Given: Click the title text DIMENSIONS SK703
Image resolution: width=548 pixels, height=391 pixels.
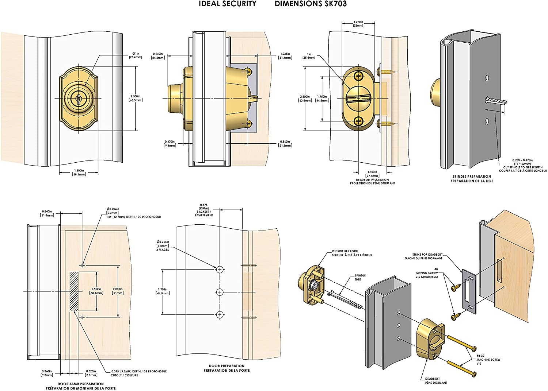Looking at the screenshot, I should pyautogui.click(x=311, y=4).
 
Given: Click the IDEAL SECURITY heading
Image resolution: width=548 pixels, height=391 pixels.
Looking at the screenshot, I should pyautogui.click(x=228, y=4).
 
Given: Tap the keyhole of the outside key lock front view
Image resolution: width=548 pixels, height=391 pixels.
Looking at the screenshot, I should pyautogui.click(x=79, y=99).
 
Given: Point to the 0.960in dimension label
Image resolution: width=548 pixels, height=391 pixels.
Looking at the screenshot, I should pyautogui.click(x=158, y=56).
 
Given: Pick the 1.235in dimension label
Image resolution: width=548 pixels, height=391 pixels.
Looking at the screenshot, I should pyautogui.click(x=285, y=56).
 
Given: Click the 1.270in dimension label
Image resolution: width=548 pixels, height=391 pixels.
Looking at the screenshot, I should pyautogui.click(x=358, y=23).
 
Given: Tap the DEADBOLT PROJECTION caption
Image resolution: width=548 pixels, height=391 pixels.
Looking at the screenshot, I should pyautogui.click(x=372, y=181).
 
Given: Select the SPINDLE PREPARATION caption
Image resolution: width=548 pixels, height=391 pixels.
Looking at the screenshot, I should pyautogui.click(x=472, y=179).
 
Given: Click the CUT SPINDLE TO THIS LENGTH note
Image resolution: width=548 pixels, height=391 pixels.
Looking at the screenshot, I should pyautogui.click(x=523, y=167).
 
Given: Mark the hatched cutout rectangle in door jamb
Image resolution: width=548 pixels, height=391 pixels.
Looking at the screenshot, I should pyautogui.click(x=74, y=291).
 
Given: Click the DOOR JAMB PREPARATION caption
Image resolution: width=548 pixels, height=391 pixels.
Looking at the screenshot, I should pyautogui.click(x=80, y=386).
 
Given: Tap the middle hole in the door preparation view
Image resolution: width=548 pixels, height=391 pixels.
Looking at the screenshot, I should pyautogui.click(x=220, y=292).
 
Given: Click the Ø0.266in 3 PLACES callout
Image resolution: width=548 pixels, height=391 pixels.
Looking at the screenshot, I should pyautogui.click(x=163, y=245).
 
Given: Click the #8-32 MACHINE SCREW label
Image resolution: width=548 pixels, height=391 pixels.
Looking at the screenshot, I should pyautogui.click(x=488, y=359).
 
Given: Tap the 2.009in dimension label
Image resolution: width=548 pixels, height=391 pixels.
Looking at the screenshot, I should pyautogui.click(x=118, y=291).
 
